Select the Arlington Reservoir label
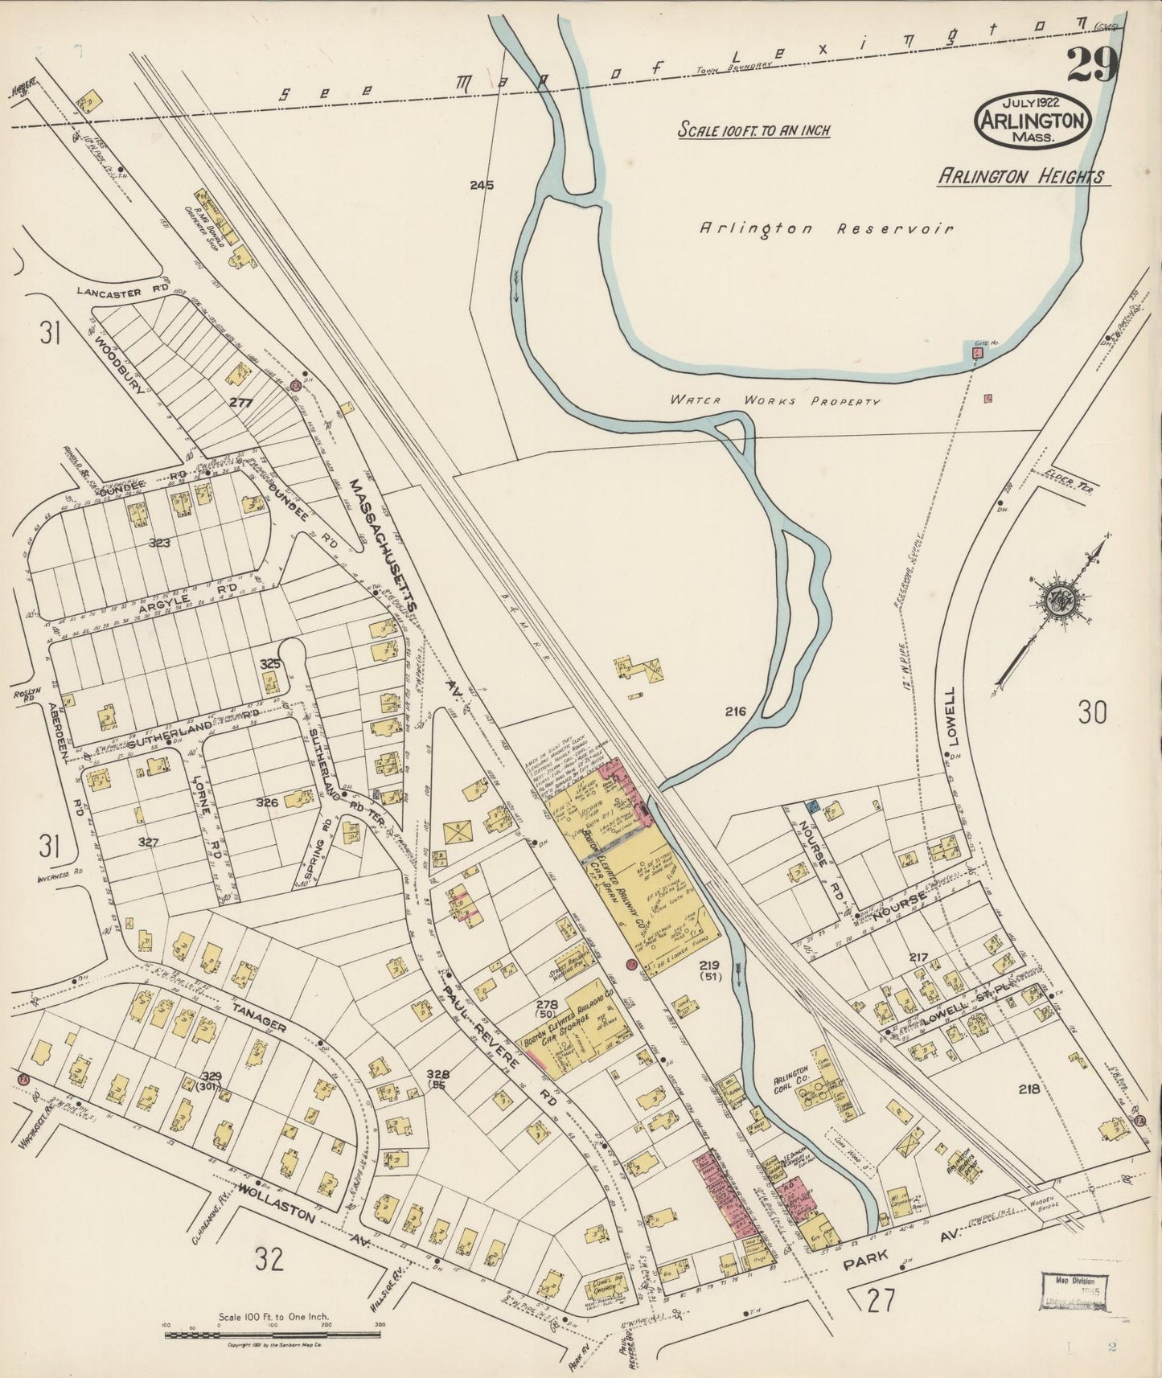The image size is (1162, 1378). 826,228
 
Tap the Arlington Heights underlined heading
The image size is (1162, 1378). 1020,176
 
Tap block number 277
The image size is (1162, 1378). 241,403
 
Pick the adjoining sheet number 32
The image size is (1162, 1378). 270,1261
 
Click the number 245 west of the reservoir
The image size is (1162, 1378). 482,185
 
